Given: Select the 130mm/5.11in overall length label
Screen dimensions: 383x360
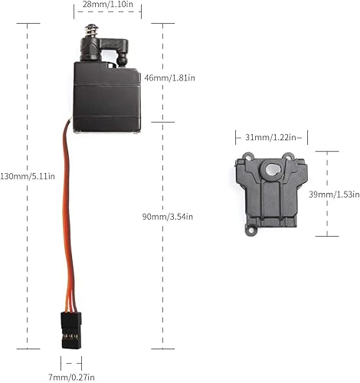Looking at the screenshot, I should tap(28, 175).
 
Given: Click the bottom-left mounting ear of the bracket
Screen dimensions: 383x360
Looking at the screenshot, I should tap(247, 228).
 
